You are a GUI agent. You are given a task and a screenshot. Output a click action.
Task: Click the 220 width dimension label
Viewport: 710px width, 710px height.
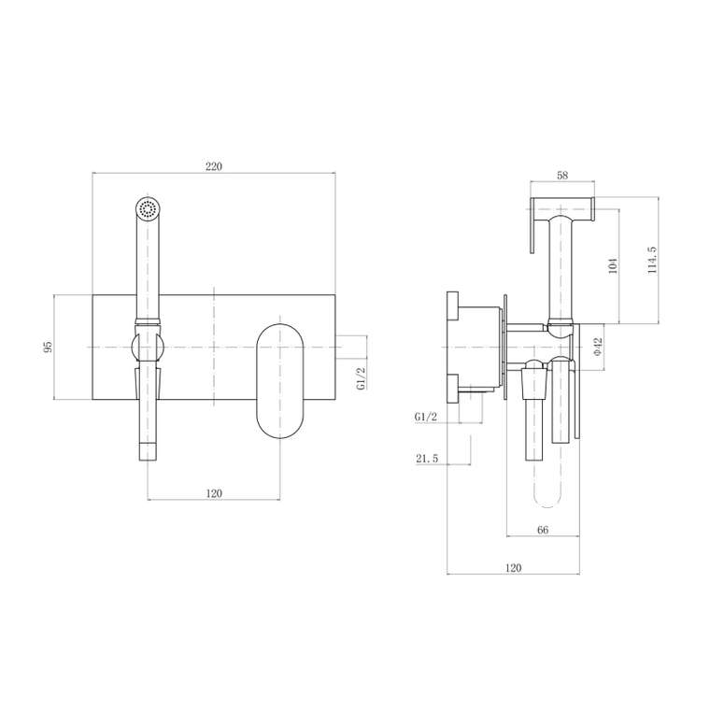pyautogui.click(x=214, y=166)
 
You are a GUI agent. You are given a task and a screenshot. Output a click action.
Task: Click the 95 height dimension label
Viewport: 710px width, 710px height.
pyautogui.click(x=48, y=347)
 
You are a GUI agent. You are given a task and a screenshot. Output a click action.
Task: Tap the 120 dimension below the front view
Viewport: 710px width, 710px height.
pyautogui.click(x=214, y=493)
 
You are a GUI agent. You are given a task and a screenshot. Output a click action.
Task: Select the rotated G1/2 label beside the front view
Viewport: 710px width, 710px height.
pyautogui.click(x=361, y=378)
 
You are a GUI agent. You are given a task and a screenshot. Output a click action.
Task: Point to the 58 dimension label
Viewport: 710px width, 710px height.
pyautogui.click(x=562, y=176)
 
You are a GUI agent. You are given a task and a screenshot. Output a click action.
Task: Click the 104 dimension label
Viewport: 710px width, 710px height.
pyautogui.click(x=613, y=266)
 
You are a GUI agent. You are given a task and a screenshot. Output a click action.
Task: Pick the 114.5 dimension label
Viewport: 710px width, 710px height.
pyautogui.click(x=652, y=260)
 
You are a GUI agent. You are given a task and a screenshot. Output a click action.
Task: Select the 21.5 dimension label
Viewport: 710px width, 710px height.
pyautogui.click(x=427, y=459)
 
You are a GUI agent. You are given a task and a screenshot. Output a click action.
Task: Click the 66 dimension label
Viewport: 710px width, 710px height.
pyautogui.click(x=543, y=530)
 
